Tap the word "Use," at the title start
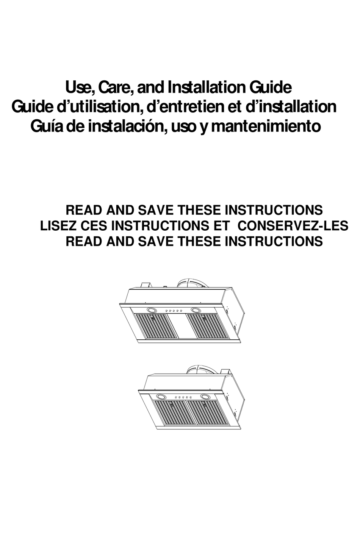pos(80,87)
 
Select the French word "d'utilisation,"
pos(100,107)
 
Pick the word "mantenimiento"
pos(266,126)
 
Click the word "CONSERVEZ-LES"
pos(294,226)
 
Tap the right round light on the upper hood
pos(196,310)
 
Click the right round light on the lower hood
pos(206,397)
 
